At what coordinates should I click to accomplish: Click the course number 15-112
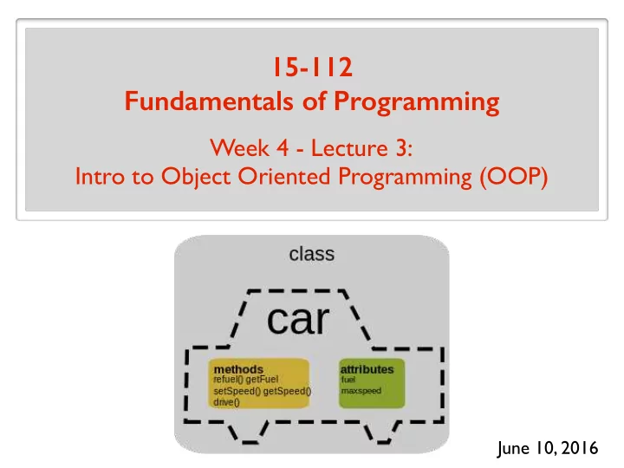(313, 67)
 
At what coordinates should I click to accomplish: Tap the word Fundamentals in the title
(209, 101)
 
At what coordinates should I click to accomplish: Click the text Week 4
(249, 148)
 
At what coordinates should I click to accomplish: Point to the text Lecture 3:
(361, 148)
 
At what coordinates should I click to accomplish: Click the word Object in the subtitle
(196, 177)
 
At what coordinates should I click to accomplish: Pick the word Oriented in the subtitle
(284, 176)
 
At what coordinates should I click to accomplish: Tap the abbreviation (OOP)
(514, 177)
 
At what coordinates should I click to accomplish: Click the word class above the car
(312, 254)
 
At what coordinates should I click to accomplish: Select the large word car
(298, 320)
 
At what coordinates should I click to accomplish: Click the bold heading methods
(238, 369)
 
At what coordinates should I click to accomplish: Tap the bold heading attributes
(367, 369)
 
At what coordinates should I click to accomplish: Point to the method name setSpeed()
(237, 391)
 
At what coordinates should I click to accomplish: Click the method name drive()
(226, 402)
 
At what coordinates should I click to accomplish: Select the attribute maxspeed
(361, 391)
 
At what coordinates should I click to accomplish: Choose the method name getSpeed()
(288, 391)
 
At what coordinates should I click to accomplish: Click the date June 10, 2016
(548, 448)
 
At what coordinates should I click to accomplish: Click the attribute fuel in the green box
(348, 380)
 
